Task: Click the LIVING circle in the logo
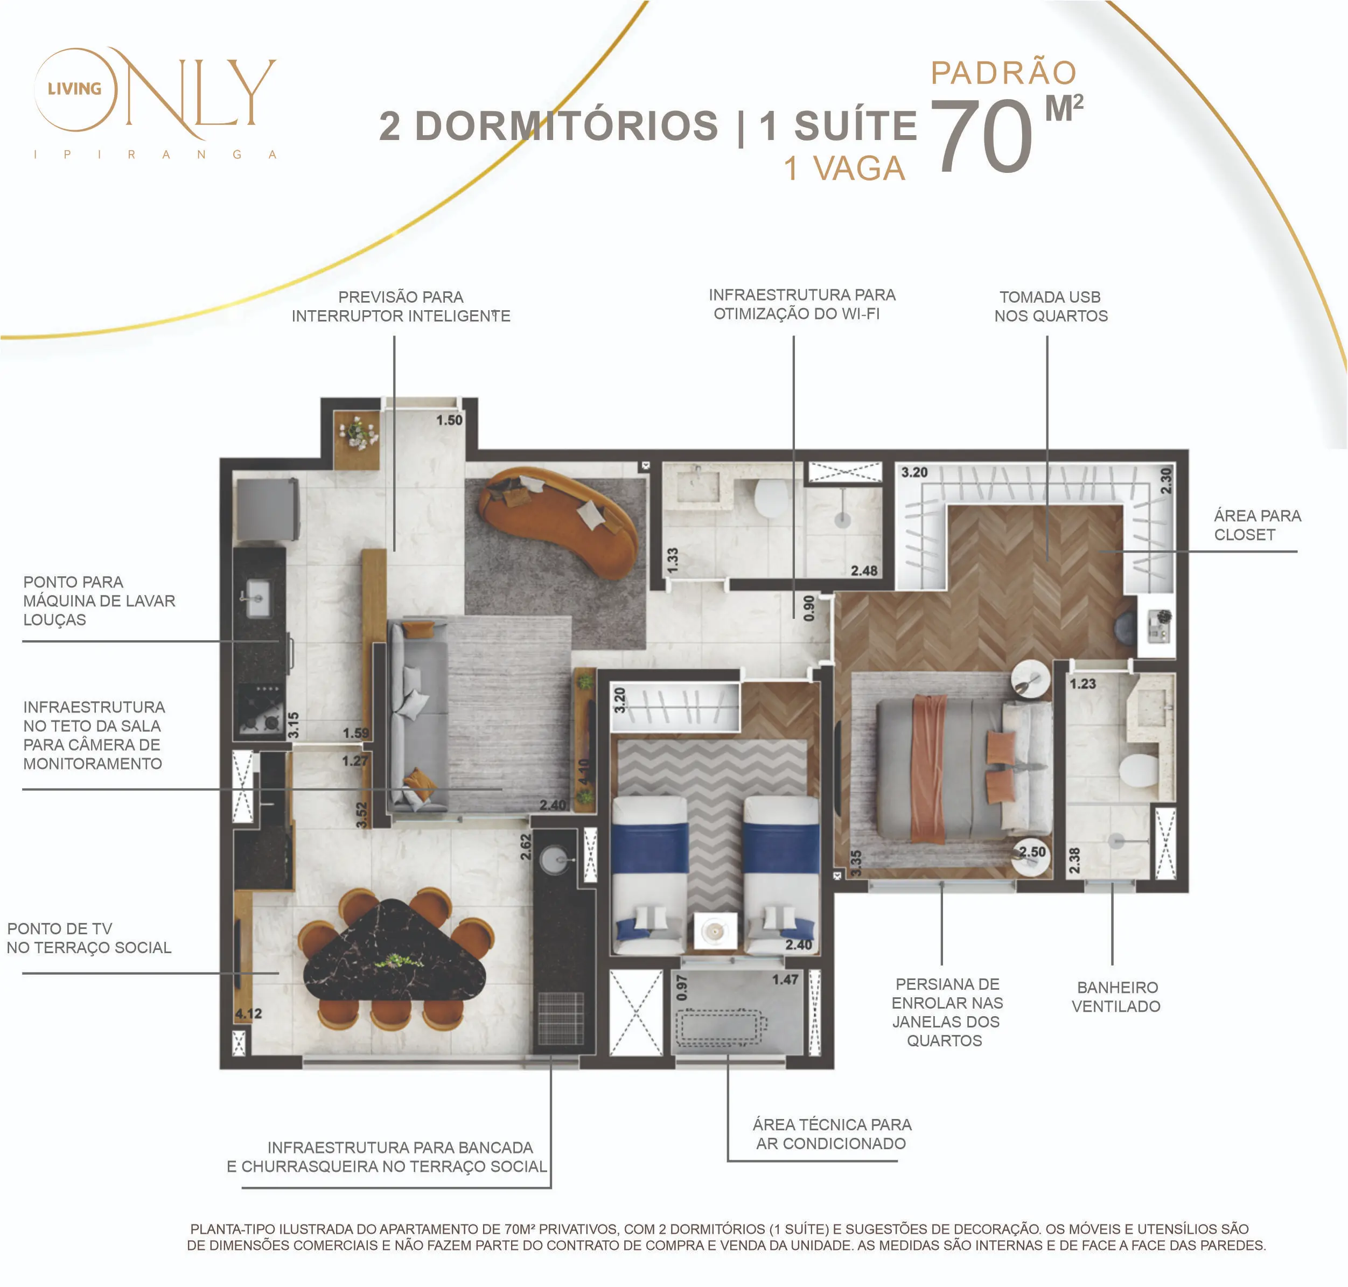click(x=75, y=89)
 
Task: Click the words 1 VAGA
click(x=844, y=169)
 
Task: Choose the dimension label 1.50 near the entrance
click(x=449, y=420)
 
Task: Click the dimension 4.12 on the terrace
click(x=248, y=1013)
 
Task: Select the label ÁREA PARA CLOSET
click(x=1257, y=525)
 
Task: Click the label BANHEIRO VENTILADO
click(x=1116, y=997)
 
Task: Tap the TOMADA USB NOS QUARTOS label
click(x=1050, y=306)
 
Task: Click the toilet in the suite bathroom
click(x=1138, y=770)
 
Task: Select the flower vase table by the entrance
click(x=357, y=440)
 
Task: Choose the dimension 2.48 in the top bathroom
click(x=864, y=571)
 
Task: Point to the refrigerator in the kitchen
click(x=268, y=509)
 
